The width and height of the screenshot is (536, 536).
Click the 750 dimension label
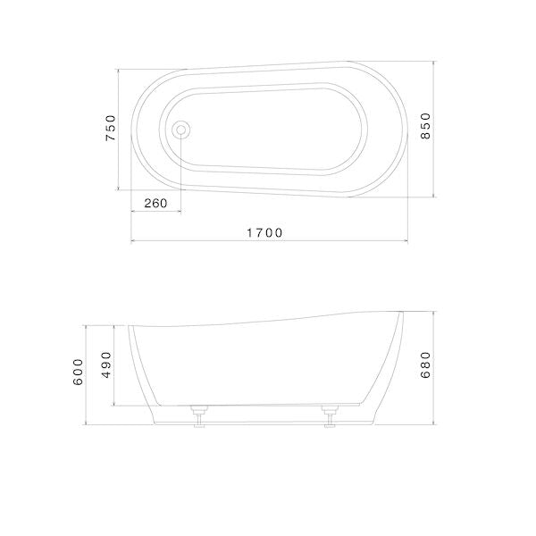[111, 128]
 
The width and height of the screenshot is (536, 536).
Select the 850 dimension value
[425, 126]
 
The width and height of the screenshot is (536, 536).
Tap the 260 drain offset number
[155, 204]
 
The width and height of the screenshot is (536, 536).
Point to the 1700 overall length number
[265, 233]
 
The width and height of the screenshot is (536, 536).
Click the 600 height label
[78, 372]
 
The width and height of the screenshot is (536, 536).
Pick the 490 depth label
[106, 364]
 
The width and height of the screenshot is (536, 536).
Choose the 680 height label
[425, 365]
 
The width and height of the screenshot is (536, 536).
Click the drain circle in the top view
[181, 130]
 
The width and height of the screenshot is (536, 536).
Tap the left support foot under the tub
[199, 415]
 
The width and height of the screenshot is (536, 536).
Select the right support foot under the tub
[330, 415]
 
